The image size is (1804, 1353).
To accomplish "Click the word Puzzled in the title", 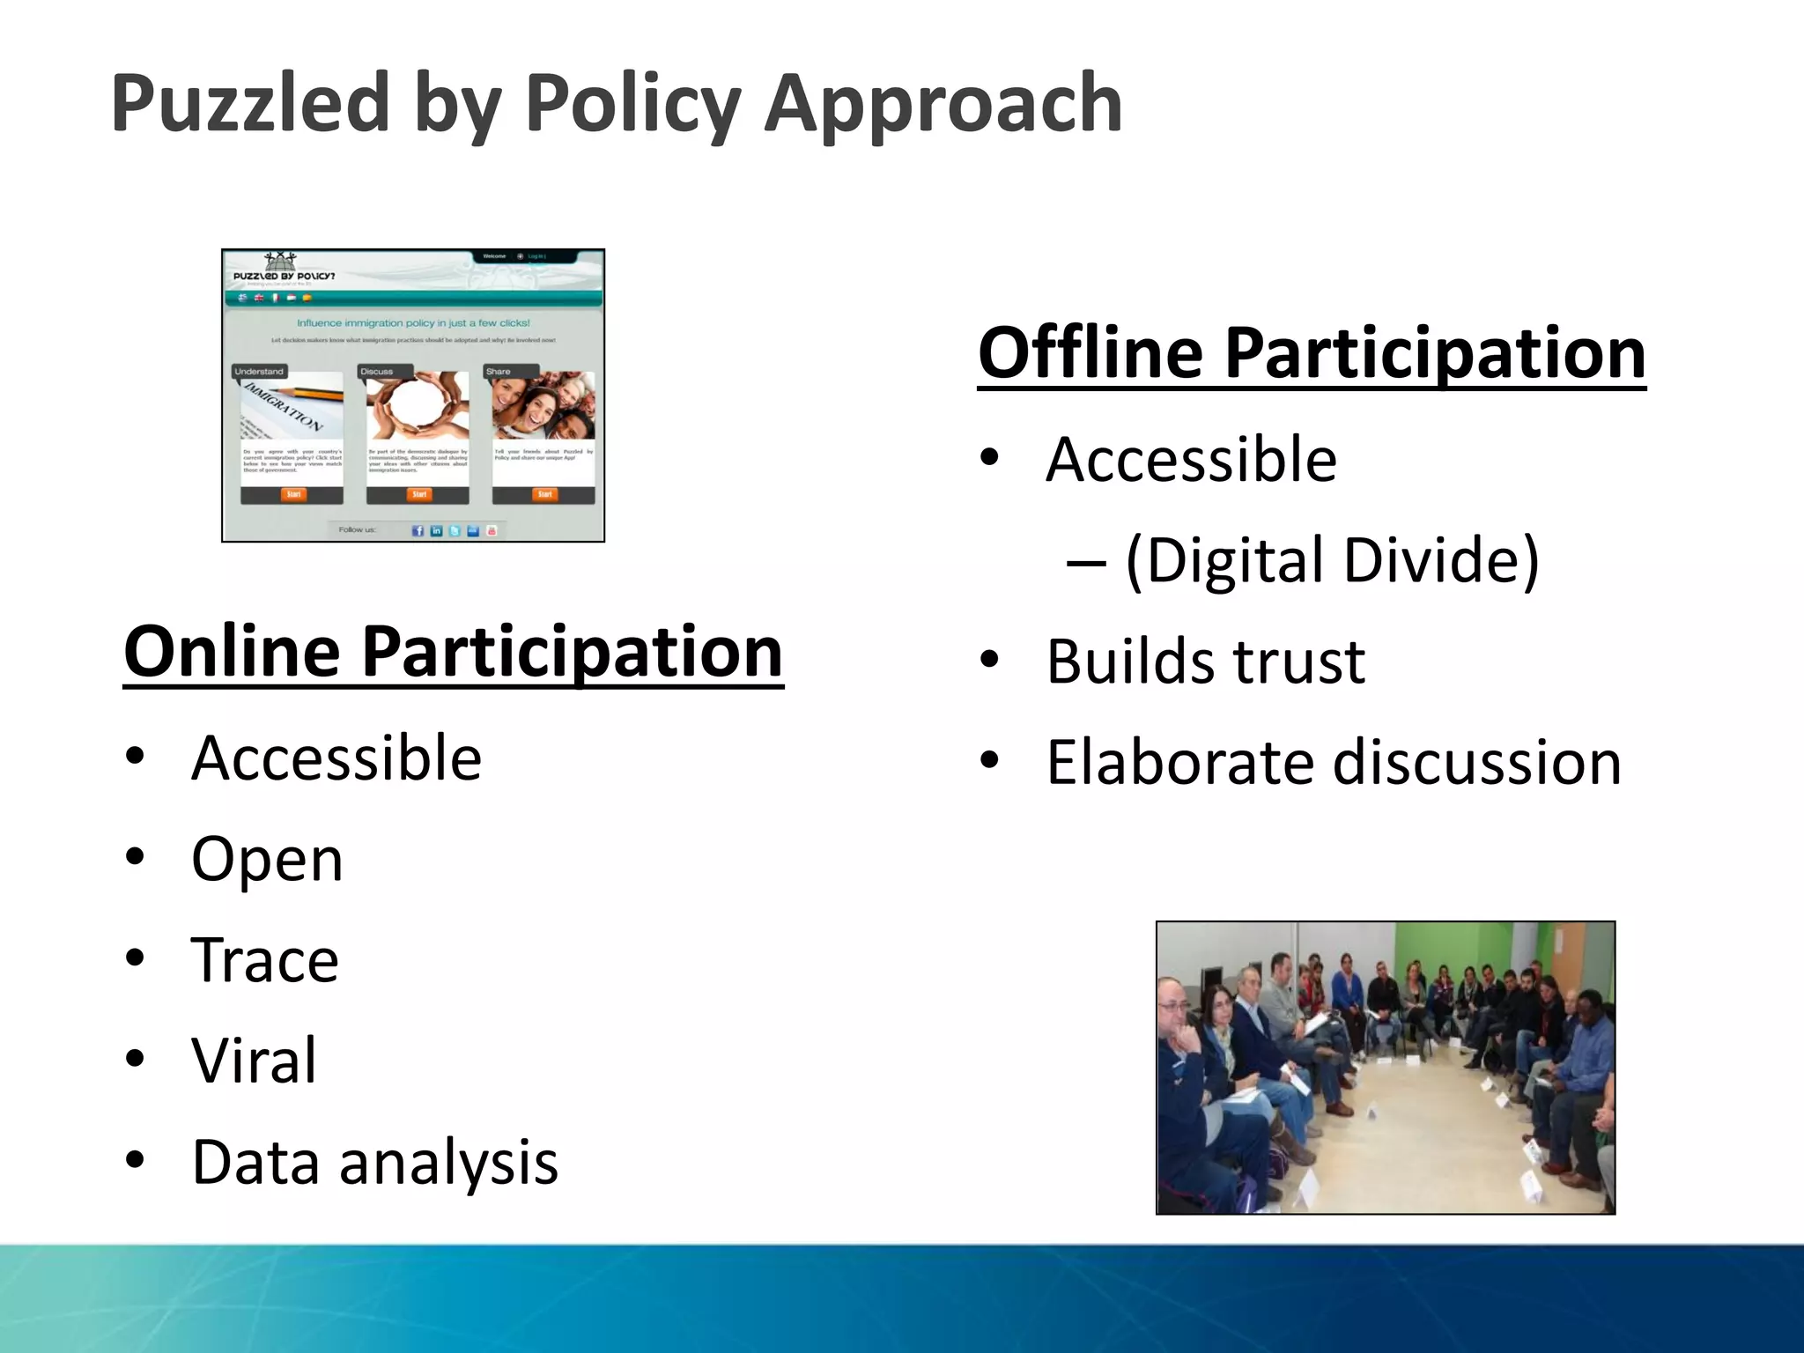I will click(x=250, y=104).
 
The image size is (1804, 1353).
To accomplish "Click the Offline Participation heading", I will click(x=1311, y=352).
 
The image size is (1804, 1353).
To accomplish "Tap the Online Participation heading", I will click(x=453, y=652).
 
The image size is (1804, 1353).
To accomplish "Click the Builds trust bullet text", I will click(x=1205, y=662).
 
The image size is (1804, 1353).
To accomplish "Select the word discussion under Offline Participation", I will click(x=1476, y=762).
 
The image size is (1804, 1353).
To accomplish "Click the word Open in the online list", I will click(x=267, y=859).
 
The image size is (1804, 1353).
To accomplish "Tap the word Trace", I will click(x=264, y=960).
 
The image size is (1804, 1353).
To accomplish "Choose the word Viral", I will click(x=254, y=1061).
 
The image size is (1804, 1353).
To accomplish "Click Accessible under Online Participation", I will click(x=336, y=758).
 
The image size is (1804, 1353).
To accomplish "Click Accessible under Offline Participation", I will click(x=1191, y=460).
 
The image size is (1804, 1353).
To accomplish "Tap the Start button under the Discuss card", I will click(x=419, y=494).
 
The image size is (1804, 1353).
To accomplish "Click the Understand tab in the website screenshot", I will click(x=259, y=372).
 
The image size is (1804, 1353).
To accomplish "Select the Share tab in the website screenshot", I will click(x=499, y=372).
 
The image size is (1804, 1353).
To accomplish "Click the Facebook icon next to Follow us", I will click(x=418, y=530).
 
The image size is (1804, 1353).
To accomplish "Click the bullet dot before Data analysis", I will click(x=135, y=1161).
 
